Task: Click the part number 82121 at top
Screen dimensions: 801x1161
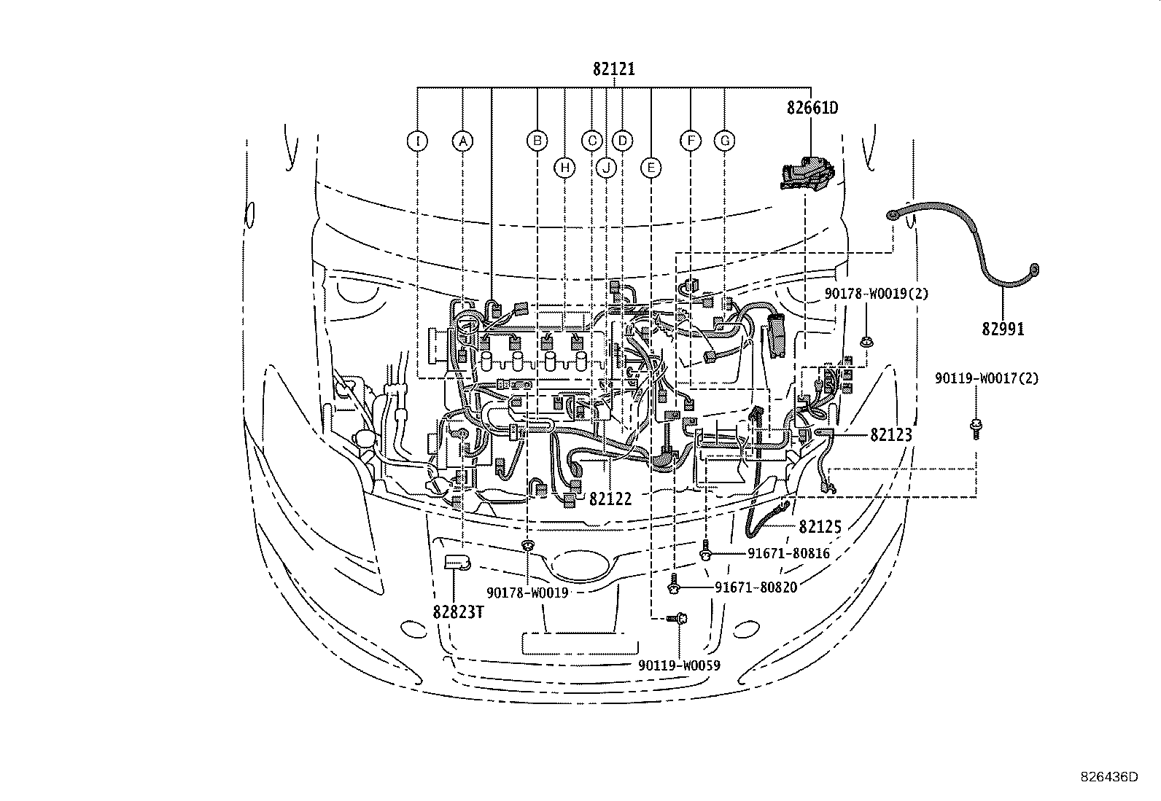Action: coord(613,70)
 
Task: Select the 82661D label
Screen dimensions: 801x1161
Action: coord(812,108)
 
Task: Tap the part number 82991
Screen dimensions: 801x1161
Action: coord(1002,329)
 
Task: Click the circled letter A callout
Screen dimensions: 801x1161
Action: coord(462,141)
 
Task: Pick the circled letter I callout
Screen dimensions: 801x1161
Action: coord(417,141)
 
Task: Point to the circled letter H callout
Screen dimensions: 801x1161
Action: coord(564,168)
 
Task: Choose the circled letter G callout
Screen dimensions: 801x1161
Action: coord(725,141)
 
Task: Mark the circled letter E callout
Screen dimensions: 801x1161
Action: coord(651,168)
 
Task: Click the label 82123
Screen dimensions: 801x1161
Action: coord(890,435)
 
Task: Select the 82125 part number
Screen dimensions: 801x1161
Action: coord(820,526)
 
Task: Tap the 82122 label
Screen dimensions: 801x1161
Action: coord(610,499)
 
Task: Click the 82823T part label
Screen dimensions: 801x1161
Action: coord(458,612)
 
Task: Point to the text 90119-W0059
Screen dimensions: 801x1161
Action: coord(678,665)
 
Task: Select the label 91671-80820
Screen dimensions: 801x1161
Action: coord(756,587)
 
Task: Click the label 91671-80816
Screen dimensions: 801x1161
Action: coord(788,554)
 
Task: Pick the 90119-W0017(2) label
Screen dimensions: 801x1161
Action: coord(987,378)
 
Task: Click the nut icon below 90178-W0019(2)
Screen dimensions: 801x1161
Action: coord(866,340)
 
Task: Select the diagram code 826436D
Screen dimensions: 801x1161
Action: coord(1108,777)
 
